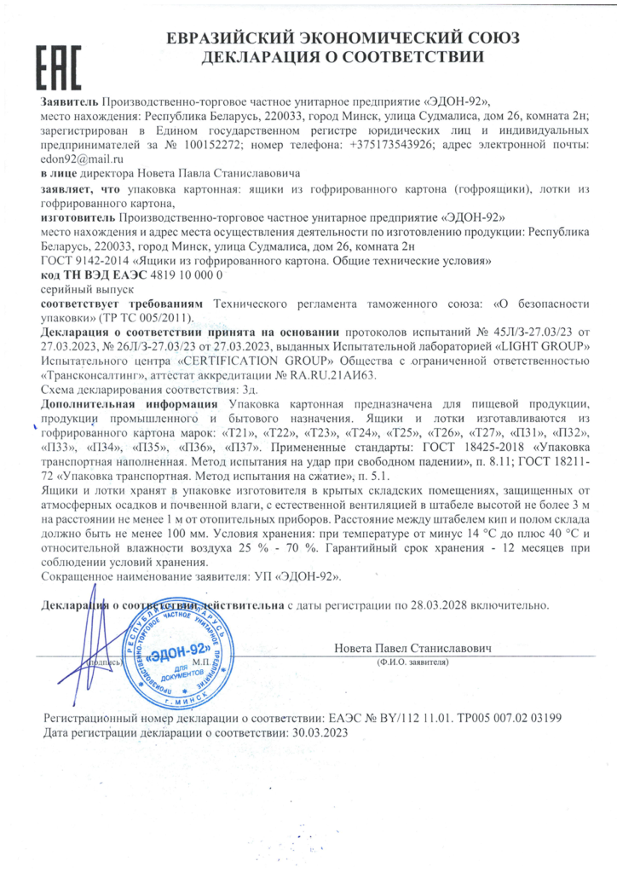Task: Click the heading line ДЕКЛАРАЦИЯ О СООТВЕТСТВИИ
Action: point(342,57)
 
